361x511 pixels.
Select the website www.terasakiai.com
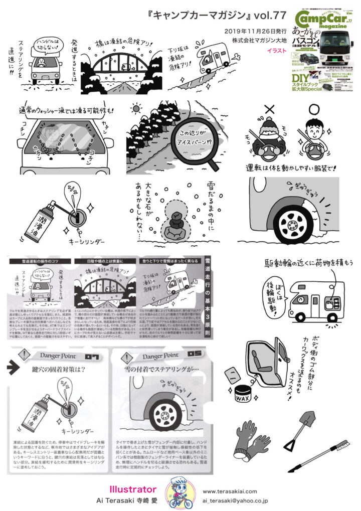[231, 491]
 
